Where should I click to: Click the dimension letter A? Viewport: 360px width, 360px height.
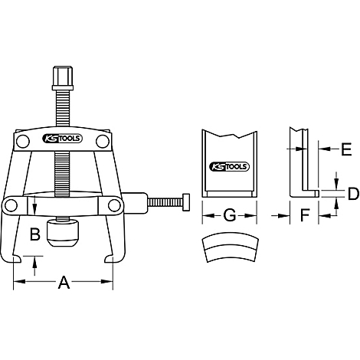pyautogui.click(x=64, y=282)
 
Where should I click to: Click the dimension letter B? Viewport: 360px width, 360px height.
pyautogui.click(x=35, y=234)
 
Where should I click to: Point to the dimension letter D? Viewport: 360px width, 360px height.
pyautogui.click(x=353, y=194)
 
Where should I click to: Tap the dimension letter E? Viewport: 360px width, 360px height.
pyautogui.click(x=346, y=149)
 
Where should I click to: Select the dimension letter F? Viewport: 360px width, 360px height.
pyautogui.click(x=305, y=215)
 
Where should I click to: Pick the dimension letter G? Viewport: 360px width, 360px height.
pyautogui.click(x=230, y=215)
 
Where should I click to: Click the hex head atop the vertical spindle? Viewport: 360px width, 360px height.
pyautogui.click(x=63, y=78)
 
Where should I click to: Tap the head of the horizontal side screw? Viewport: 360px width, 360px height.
pyautogui.click(x=186, y=202)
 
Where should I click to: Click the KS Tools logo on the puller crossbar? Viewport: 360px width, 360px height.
pyautogui.click(x=62, y=139)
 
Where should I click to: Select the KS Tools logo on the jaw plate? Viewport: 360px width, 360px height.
pyautogui.click(x=229, y=167)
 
